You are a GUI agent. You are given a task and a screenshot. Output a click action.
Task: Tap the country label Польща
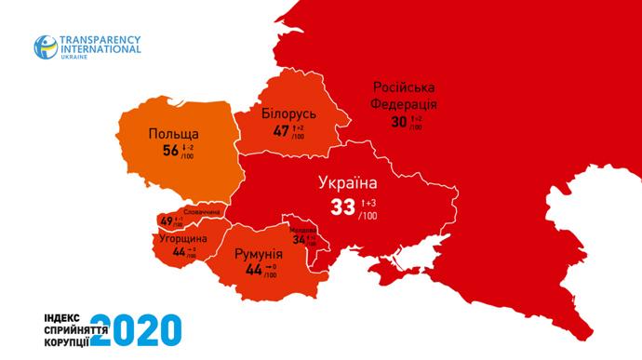pos(173,134)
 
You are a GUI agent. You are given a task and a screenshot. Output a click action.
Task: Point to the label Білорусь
pos(290,113)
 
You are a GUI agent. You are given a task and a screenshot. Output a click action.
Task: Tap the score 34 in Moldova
pos(299,239)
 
